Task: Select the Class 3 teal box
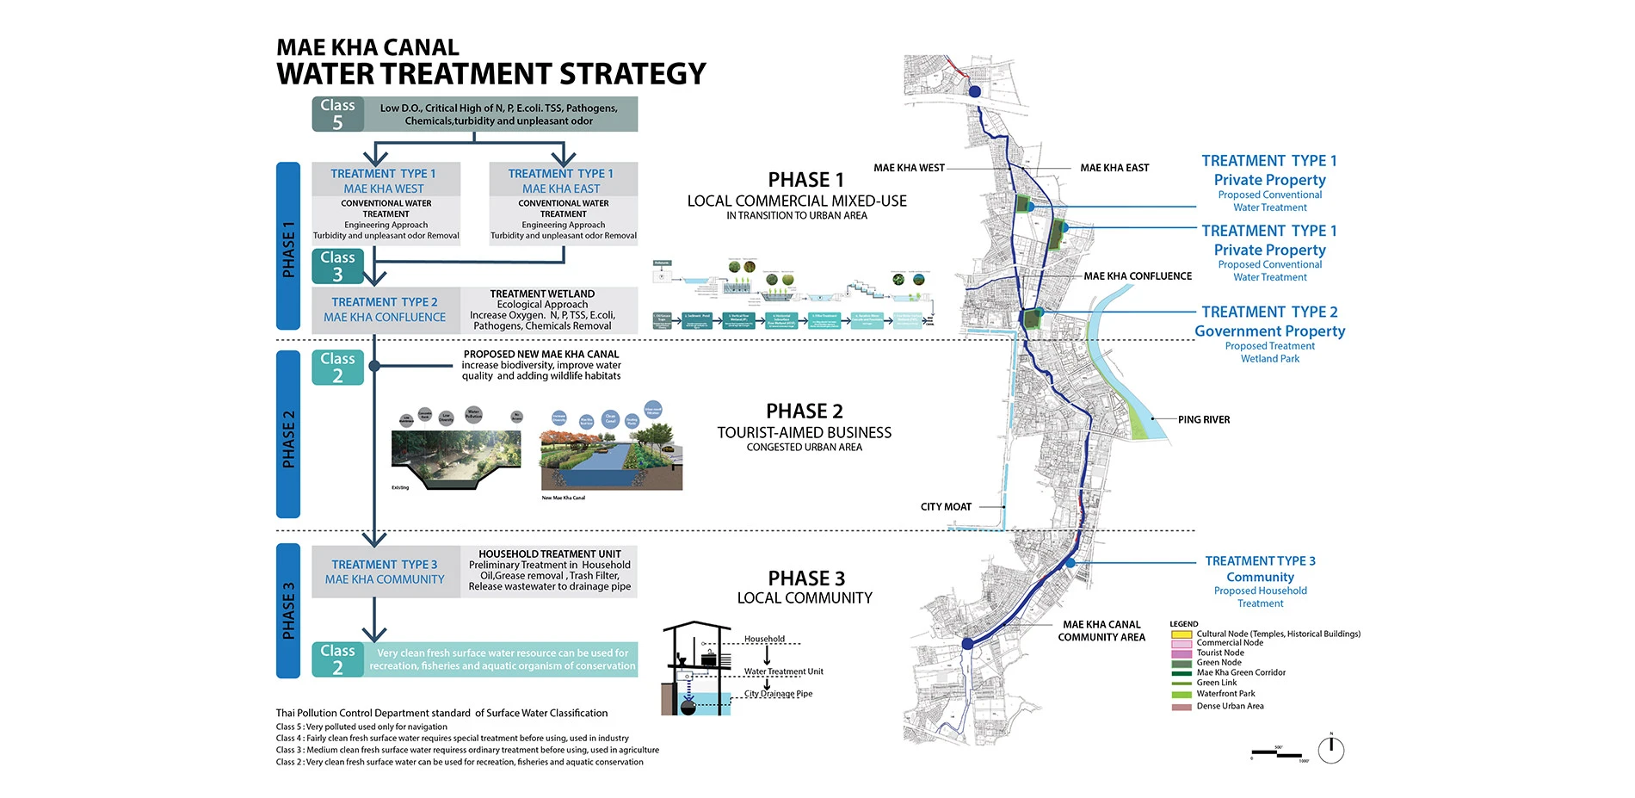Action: pyautogui.click(x=337, y=266)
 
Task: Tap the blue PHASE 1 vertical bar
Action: pyautogui.click(x=288, y=246)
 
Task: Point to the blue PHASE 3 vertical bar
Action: pyautogui.click(x=288, y=610)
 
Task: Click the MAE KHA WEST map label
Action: pyautogui.click(x=909, y=168)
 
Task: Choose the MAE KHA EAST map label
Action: pyautogui.click(x=1114, y=168)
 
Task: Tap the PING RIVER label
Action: pyautogui.click(x=1204, y=420)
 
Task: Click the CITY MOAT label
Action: pyautogui.click(x=946, y=507)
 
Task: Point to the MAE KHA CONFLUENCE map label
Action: pyautogui.click(x=1138, y=276)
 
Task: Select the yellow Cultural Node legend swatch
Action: pyautogui.click(x=1182, y=634)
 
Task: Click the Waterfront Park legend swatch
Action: pyautogui.click(x=1182, y=694)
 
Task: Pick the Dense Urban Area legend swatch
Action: pyautogui.click(x=1182, y=707)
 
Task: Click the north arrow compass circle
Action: pyautogui.click(x=1331, y=751)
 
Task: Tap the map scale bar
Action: pyautogui.click(x=1278, y=754)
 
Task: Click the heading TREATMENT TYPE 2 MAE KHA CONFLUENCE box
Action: pyautogui.click(x=385, y=310)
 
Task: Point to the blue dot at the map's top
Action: pyautogui.click(x=975, y=91)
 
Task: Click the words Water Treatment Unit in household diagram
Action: pyautogui.click(x=783, y=671)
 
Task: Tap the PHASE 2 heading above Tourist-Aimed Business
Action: pyautogui.click(x=805, y=411)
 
